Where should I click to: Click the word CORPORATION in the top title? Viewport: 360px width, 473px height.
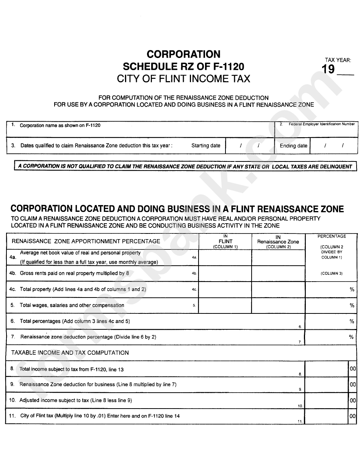183,54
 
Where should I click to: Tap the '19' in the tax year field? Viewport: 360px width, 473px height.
328,69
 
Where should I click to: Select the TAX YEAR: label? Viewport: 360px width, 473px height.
338,60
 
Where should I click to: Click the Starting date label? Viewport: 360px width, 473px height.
205,146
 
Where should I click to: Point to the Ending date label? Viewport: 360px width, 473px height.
293,146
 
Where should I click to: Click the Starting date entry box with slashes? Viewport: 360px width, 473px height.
250,146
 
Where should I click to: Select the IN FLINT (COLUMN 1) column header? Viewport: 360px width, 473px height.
225,241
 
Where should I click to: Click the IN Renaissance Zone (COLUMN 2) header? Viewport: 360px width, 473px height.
278,241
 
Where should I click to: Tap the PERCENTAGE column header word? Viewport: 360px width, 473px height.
332,236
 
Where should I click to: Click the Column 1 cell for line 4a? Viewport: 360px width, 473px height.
225,257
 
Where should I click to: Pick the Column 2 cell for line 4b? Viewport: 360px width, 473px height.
278,273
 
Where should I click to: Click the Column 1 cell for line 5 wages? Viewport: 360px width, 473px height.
225,305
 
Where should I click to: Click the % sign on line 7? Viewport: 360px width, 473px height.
351,337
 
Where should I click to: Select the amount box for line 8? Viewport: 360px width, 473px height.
326,369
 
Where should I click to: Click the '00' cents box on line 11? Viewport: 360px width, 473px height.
352,416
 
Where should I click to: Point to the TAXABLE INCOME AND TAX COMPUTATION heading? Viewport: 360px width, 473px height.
70,352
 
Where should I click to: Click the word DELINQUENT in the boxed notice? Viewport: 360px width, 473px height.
333,166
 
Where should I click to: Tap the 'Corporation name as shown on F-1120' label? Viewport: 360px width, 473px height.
60,125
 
